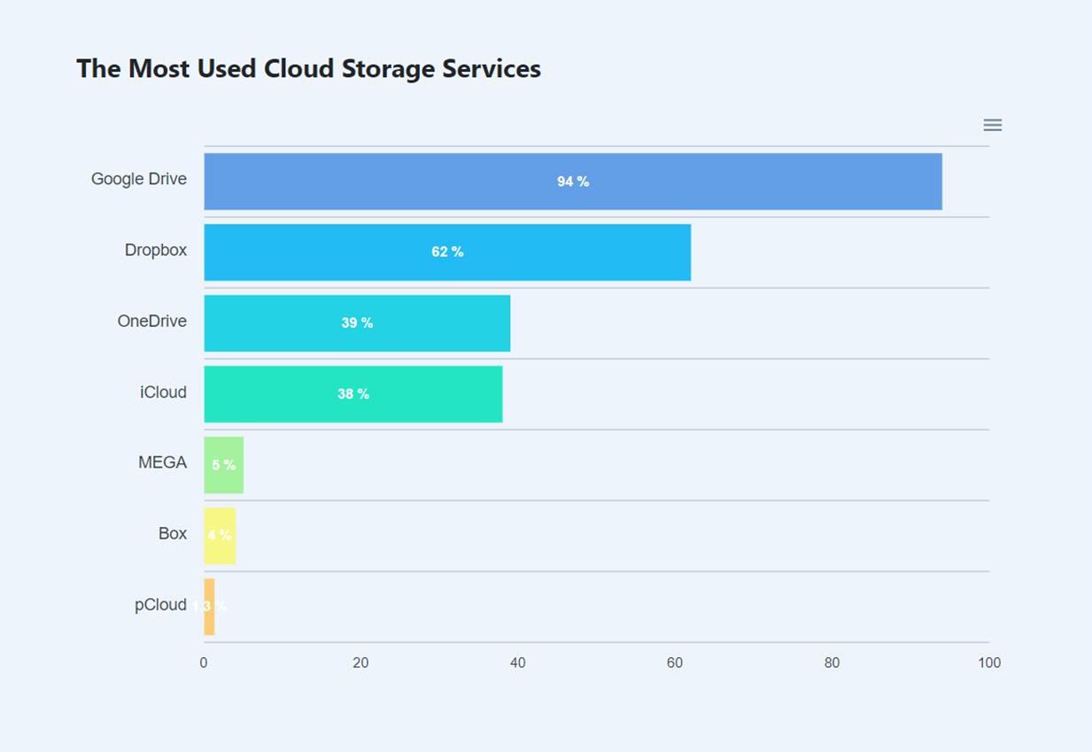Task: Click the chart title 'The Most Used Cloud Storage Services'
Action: point(308,69)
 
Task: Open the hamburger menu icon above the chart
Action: point(992,126)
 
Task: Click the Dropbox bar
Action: point(576,252)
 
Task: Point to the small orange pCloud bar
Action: point(209,607)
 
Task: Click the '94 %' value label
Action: point(573,182)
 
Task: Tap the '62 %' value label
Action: point(447,252)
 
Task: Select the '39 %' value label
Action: point(357,323)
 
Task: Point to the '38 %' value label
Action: point(353,394)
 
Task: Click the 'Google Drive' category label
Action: point(139,179)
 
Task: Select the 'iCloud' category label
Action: point(163,392)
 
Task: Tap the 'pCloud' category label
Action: point(160,605)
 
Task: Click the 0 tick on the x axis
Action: point(204,663)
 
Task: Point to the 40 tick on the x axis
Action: point(518,663)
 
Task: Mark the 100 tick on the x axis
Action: point(989,663)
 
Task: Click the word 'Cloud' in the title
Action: point(297,69)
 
